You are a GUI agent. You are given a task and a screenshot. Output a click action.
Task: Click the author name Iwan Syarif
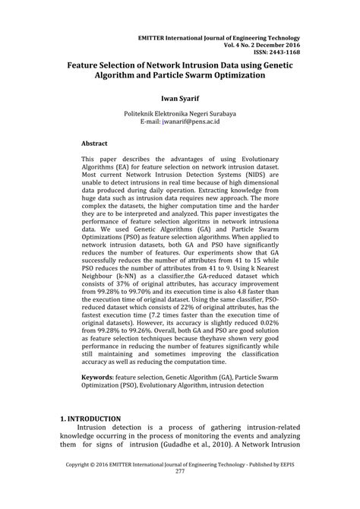pyautogui.click(x=180, y=98)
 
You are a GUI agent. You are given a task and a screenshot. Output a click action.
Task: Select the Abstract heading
pyautogui.click(x=94, y=143)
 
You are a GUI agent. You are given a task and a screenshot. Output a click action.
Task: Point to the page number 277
pyautogui.click(x=180, y=492)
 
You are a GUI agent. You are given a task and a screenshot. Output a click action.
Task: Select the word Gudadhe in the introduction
pyautogui.click(x=192, y=446)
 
